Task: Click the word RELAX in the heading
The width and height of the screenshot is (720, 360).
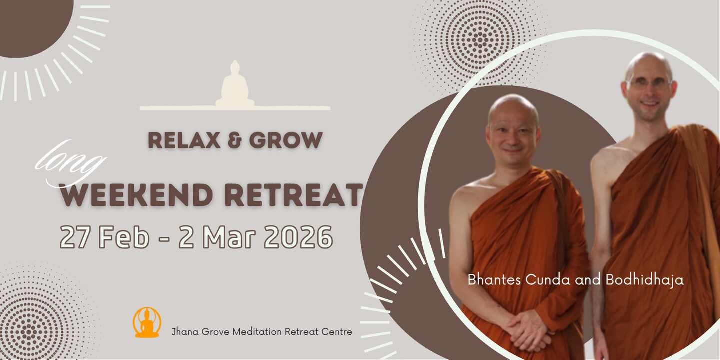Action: [184, 140]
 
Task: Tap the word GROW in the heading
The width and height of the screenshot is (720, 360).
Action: [286, 140]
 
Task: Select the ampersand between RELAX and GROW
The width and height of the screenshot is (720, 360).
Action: [235, 140]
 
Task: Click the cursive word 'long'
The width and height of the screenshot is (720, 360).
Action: [70, 164]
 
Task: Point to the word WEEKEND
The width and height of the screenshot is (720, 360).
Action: [137, 195]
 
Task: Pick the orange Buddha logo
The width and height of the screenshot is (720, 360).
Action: [147, 322]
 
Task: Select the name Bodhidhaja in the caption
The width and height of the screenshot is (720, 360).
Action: [645, 280]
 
